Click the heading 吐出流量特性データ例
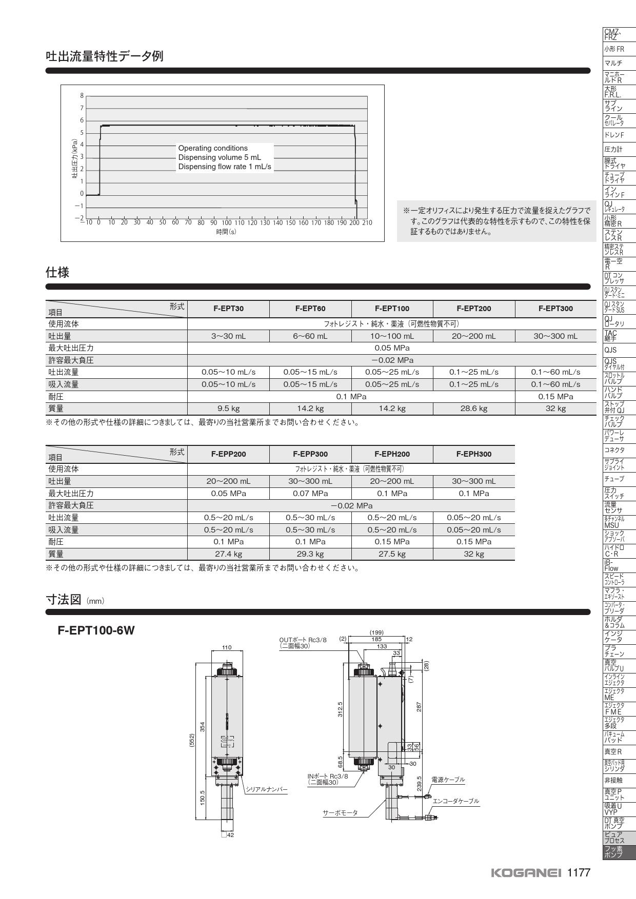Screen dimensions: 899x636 click(105, 56)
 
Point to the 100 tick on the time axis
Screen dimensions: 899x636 click(226, 223)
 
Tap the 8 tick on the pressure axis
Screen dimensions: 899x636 click(82, 96)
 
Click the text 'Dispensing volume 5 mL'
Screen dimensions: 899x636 click(220, 157)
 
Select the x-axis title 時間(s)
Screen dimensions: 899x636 click(226, 232)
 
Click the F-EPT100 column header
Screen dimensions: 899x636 click(392, 309)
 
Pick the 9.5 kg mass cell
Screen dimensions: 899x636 click(228, 408)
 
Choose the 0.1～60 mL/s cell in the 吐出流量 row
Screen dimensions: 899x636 click(555, 372)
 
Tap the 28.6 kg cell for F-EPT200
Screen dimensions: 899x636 click(473, 408)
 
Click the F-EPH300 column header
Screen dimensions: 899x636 click(473, 454)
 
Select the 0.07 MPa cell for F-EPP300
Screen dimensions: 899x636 click(310, 493)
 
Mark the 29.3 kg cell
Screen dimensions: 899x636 click(310, 554)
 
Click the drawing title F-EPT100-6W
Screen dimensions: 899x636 click(96, 630)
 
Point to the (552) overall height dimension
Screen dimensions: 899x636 click(192, 741)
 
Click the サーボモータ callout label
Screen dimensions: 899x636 click(340, 813)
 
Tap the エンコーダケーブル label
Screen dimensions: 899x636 click(456, 801)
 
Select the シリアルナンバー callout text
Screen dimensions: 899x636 click(267, 789)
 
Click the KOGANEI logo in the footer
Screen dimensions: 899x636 click(526, 873)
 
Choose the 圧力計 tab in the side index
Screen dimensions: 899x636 click(613, 149)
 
